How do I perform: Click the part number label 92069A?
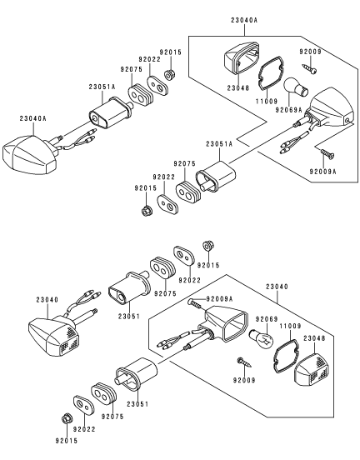288,110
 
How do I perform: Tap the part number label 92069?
266,319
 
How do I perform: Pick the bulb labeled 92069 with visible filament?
261,339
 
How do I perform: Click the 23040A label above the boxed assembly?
244,20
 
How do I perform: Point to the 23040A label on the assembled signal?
32,118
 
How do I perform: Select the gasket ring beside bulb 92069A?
270,74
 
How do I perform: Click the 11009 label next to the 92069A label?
267,101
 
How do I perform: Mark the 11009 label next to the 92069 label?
291,326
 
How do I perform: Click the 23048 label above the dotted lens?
314,338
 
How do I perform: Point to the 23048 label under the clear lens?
238,87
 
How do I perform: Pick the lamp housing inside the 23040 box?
224,322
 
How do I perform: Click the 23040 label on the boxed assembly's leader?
277,287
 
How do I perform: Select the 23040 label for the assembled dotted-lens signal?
47,300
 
